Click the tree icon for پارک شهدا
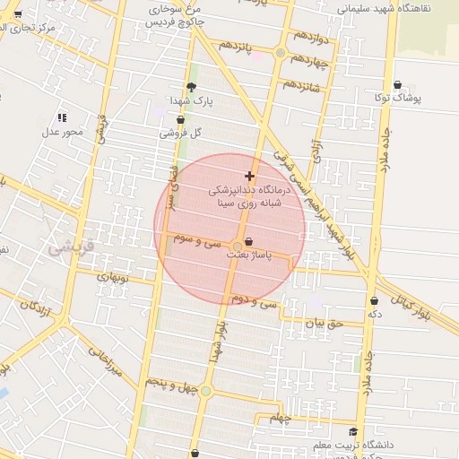191,87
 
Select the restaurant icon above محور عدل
62,117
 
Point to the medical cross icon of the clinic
249,176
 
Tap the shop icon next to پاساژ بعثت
248,241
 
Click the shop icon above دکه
374,300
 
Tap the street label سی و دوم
255,301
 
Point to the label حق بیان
324,323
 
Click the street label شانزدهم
302,86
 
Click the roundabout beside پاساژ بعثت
238,246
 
